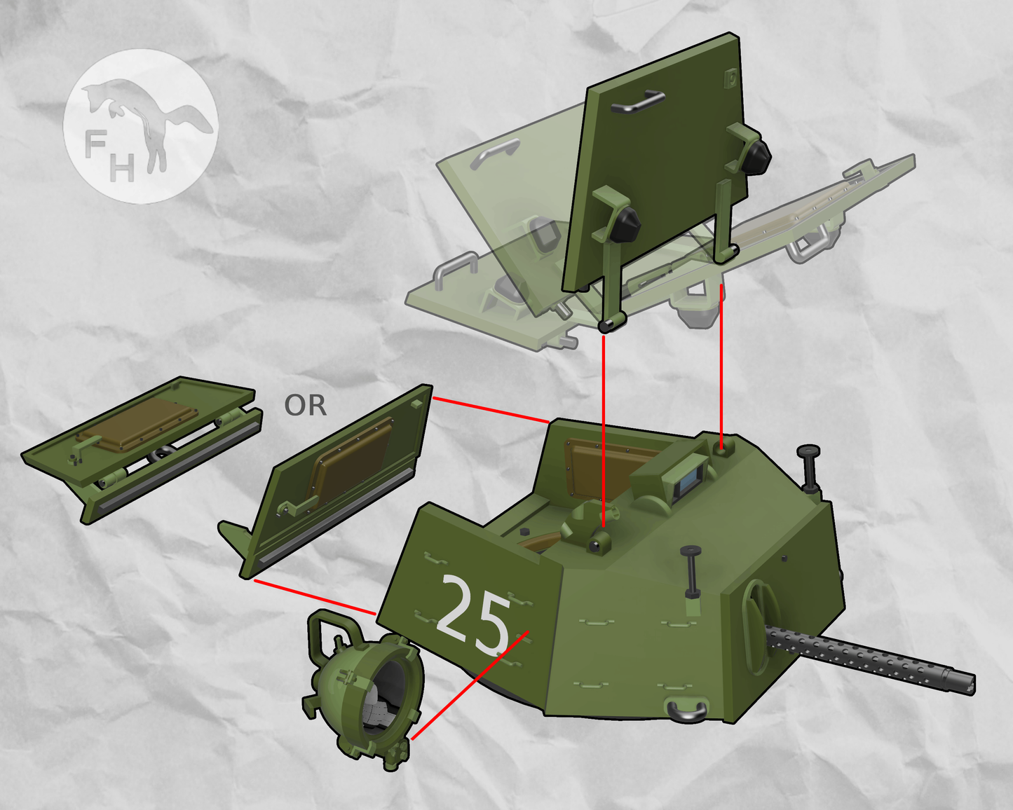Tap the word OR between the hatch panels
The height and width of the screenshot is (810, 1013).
[305, 406]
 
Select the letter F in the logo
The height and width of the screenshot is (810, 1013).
[95, 145]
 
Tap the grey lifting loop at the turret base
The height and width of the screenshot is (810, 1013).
[686, 711]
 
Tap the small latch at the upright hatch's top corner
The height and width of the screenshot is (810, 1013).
[730, 76]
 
